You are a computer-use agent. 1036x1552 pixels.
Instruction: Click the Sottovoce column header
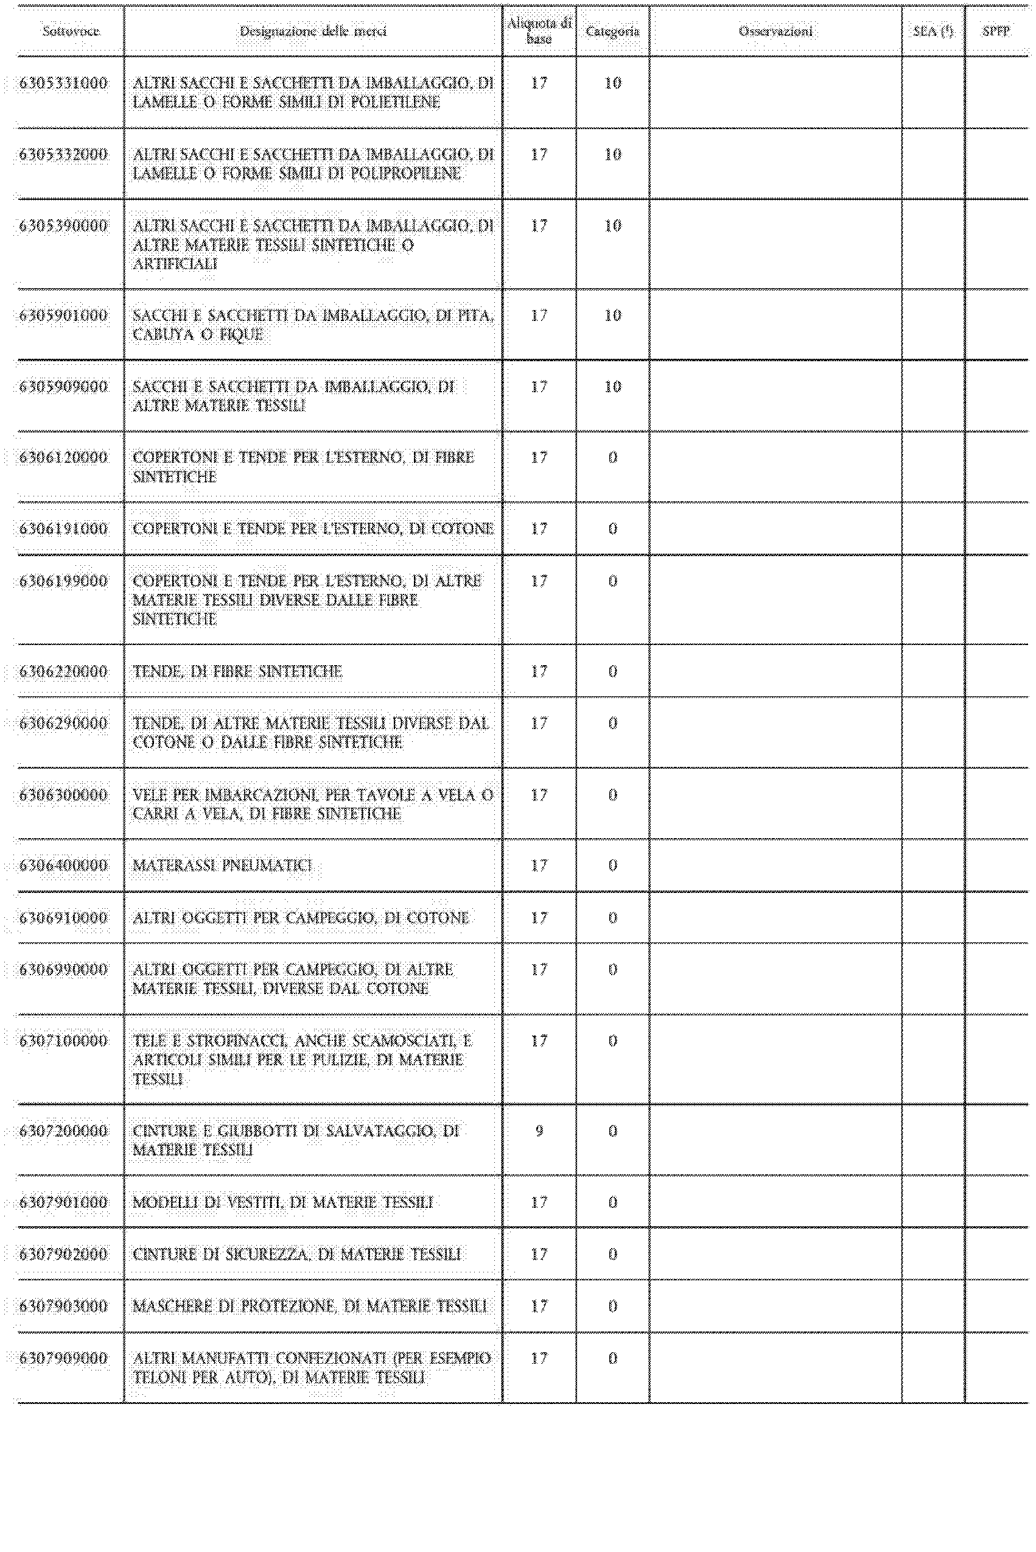pyautogui.click(x=71, y=31)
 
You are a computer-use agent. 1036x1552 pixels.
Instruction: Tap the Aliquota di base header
pyautogui.click(x=539, y=31)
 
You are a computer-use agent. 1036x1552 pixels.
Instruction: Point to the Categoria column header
pyautogui.click(x=612, y=31)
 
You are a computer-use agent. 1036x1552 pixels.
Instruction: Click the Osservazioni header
pyautogui.click(x=775, y=31)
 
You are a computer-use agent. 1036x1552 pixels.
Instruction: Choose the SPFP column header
pyautogui.click(x=996, y=31)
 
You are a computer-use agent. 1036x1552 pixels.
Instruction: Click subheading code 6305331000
pyautogui.click(x=63, y=83)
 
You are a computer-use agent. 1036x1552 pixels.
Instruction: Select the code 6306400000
pyautogui.click(x=63, y=865)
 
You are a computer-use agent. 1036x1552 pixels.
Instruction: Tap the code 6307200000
pyautogui.click(x=63, y=1131)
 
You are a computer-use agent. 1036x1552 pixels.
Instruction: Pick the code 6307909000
pyautogui.click(x=63, y=1358)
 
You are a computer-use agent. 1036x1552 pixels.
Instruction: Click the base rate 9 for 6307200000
pyautogui.click(x=539, y=1131)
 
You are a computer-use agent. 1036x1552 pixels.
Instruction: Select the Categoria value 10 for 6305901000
pyautogui.click(x=612, y=316)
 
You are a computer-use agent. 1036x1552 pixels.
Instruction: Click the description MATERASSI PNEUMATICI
pyautogui.click(x=222, y=865)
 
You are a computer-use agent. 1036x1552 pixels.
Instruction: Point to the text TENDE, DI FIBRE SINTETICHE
pyautogui.click(x=237, y=672)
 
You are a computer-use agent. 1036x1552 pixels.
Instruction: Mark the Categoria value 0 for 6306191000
pyautogui.click(x=612, y=529)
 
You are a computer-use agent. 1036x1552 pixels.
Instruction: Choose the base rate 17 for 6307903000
pyautogui.click(x=539, y=1306)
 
